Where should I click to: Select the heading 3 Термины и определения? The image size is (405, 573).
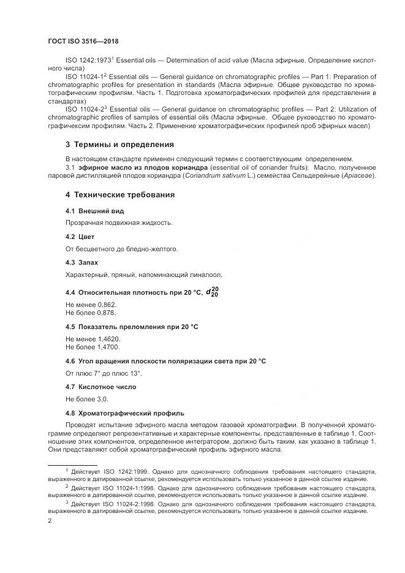(x=119, y=145)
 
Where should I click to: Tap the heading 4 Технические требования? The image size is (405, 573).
(x=119, y=195)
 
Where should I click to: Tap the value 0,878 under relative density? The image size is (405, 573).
(x=106, y=313)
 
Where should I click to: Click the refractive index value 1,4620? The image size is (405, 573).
(x=108, y=338)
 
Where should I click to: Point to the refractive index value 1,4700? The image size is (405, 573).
(x=108, y=346)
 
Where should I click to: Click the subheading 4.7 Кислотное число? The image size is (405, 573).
(x=100, y=387)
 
